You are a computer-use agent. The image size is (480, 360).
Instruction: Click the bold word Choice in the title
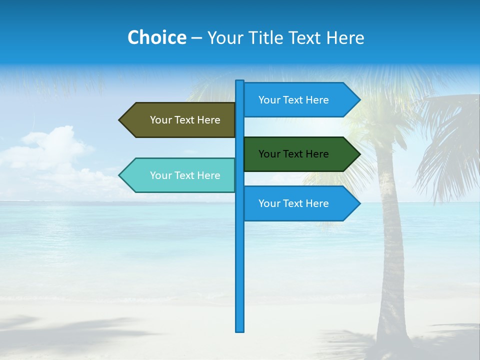pos(156,37)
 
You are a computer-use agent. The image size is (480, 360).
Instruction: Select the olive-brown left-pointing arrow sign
pos(180,120)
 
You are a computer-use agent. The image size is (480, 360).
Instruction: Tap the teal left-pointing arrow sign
pos(180,175)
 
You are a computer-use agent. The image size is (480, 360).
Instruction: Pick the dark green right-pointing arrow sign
pos(297,154)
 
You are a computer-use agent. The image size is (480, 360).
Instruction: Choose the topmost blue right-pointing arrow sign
pos(297,100)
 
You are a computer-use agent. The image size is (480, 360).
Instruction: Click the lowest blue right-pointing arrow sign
pos(297,203)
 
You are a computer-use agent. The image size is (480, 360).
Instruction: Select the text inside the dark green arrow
pos(293,154)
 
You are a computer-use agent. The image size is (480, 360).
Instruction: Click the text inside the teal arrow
pos(185,175)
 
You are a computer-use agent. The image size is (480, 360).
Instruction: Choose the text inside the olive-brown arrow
pos(185,120)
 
